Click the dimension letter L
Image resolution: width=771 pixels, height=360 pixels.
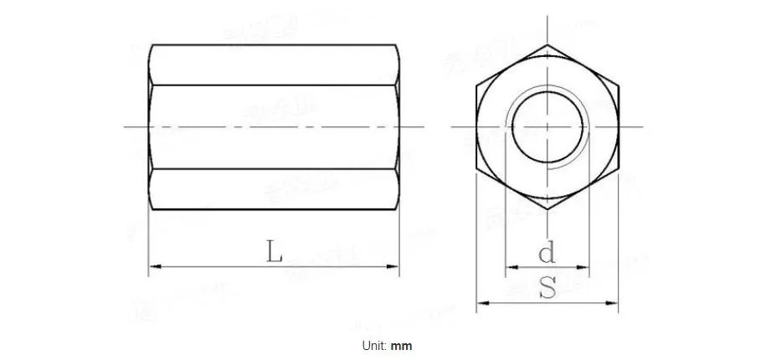pos(274,250)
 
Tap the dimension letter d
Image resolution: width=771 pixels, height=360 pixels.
pos(547,251)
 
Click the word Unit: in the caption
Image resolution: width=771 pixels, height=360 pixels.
pos(376,345)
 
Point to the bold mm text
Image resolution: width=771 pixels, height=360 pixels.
pos(402,345)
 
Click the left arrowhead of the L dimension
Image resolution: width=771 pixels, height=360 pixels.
pos(153,268)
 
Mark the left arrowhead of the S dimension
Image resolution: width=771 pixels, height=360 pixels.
pos(481,303)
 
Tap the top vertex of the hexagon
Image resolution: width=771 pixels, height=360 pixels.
pos(547,45)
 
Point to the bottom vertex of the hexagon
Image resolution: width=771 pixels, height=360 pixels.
pos(547,208)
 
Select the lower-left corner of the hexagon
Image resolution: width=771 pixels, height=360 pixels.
pos(476,167)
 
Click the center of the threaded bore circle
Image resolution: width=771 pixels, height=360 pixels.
pos(547,127)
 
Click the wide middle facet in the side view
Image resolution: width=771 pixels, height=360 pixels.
pos(274,126)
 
